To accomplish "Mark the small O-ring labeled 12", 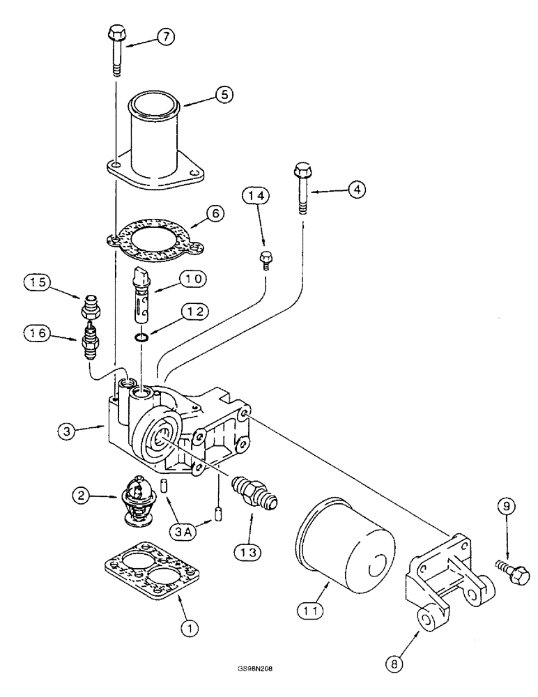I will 141,338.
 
